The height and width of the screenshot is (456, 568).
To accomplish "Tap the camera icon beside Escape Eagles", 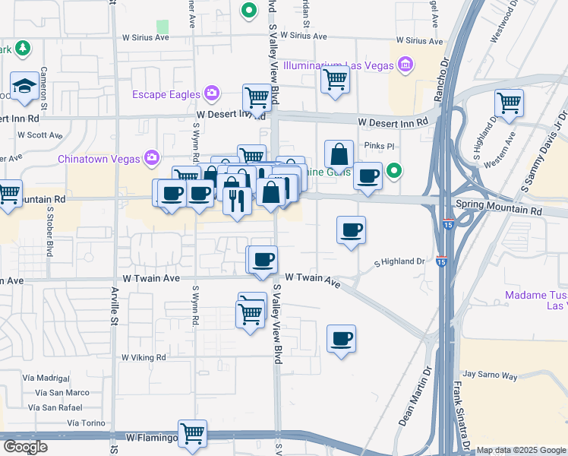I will [212, 94].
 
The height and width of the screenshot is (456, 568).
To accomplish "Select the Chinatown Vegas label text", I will [99, 159].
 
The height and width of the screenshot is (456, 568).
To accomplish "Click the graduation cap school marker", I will [24, 85].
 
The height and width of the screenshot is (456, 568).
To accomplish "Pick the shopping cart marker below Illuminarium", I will [335, 80].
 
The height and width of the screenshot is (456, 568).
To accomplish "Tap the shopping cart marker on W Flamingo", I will [193, 434].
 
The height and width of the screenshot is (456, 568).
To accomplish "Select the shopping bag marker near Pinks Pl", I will [339, 154].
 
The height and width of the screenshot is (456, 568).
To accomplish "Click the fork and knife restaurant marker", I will [237, 201].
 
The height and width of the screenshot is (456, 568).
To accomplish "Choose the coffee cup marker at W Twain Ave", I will [263, 260].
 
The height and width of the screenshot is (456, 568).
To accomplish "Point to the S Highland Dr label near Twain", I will [400, 262].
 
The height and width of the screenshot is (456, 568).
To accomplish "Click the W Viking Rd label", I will [144, 356].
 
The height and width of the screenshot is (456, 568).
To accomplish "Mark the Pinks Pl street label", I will [380, 145].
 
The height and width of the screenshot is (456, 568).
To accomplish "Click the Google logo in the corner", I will [25, 447].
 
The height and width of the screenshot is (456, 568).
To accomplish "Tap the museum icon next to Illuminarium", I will [405, 65].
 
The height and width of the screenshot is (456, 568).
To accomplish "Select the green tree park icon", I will [23, 49].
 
